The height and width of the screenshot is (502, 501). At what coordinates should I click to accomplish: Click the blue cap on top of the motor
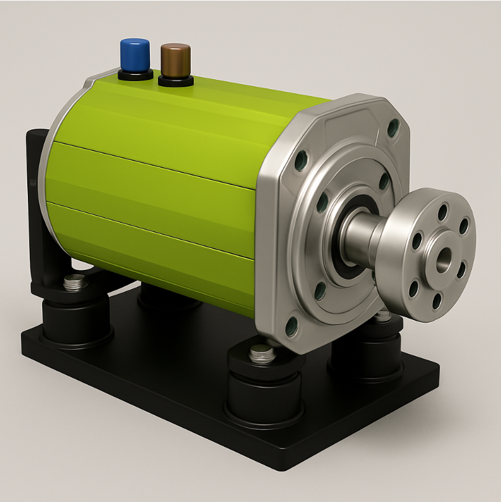point(135,54)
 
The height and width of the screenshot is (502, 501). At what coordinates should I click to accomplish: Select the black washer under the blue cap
point(135,75)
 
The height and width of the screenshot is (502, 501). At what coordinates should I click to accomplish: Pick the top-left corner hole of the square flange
point(301,160)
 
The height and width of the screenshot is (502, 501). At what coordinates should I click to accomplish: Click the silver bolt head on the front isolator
point(263,355)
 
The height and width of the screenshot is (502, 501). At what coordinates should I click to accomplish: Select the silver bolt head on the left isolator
point(75,283)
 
